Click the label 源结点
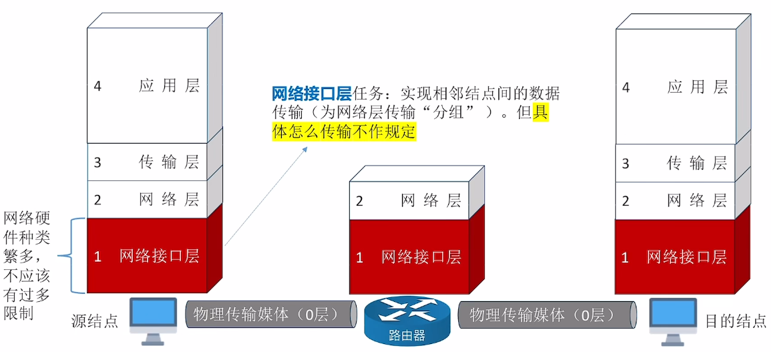95,321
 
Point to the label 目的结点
735,321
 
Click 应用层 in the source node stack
169,86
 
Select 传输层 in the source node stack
169,162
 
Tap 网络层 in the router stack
431,200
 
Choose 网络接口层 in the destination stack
686,257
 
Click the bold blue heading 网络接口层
311,94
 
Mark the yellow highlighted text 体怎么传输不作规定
344,132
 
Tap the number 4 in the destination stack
625,87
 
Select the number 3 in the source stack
98,162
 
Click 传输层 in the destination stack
697,163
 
